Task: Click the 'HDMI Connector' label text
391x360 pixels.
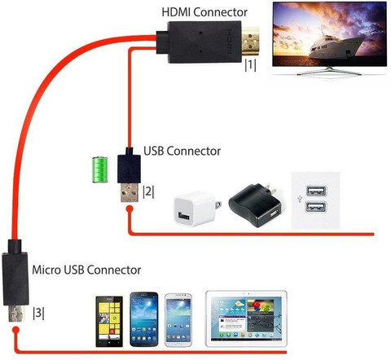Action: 204,12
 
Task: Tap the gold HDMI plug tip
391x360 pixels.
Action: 250,41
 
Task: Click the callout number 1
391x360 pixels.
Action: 250,65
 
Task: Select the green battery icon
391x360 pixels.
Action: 100,169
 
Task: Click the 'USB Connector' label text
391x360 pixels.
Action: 182,151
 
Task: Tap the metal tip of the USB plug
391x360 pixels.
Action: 130,193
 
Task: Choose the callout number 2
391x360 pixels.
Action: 148,192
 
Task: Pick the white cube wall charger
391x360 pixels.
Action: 197,209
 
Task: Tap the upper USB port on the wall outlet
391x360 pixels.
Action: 316,191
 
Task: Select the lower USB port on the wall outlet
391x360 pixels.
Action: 316,207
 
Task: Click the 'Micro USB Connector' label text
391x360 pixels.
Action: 86,270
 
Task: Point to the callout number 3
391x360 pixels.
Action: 38,313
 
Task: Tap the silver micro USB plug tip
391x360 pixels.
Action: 15,314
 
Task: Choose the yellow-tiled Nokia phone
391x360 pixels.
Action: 109,322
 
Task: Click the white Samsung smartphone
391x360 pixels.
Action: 178,320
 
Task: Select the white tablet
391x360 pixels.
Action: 246,318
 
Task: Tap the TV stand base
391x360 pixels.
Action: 329,72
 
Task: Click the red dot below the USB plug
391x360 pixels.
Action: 130,209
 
